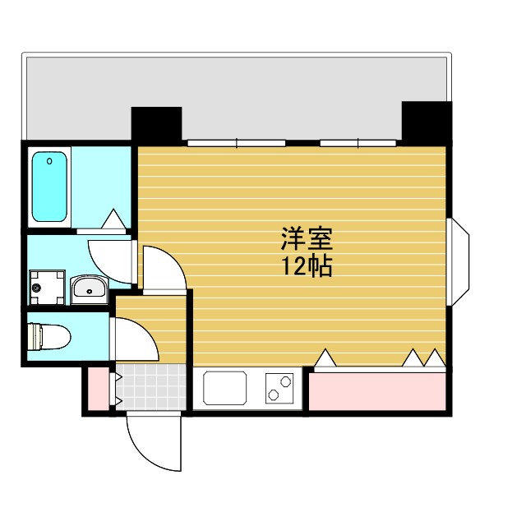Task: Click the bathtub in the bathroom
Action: [x=49, y=187]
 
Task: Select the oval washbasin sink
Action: [x=88, y=288]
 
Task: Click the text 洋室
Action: [x=307, y=241]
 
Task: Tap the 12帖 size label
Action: [x=307, y=265]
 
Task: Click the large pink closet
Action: [x=378, y=391]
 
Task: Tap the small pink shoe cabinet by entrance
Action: [x=97, y=390]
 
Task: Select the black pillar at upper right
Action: [x=427, y=122]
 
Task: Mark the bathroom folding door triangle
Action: [x=113, y=219]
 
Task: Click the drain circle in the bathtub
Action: [x=50, y=161]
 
